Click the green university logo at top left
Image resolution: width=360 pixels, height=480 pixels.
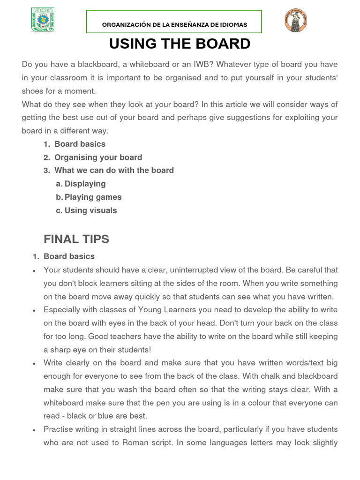43,20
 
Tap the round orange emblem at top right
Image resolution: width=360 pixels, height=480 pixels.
295,21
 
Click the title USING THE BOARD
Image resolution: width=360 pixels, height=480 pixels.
180,44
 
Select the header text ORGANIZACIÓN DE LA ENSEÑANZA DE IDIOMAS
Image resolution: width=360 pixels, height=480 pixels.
175,24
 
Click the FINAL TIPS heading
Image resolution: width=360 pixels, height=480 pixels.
76,239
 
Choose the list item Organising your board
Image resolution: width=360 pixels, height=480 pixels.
98,157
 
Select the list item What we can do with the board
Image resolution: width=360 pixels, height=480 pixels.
114,171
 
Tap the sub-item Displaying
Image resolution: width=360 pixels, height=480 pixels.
85,184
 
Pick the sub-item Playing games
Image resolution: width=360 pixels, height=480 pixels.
93,197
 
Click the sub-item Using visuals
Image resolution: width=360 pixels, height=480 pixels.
90,210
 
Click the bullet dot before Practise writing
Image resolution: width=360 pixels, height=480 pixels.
35,430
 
